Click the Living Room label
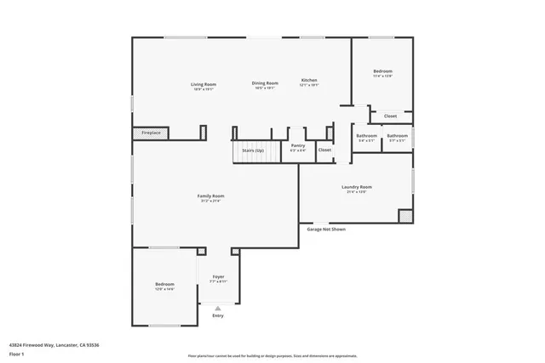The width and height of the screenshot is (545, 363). click(203, 84)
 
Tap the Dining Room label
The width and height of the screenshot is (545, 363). click(265, 83)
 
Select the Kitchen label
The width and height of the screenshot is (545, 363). click(309, 82)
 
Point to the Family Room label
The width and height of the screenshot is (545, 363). click(211, 196)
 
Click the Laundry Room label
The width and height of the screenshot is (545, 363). click(356, 187)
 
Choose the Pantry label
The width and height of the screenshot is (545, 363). click(298, 145)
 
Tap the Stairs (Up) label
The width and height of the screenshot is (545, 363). click(253, 150)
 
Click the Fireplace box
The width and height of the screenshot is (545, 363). click(152, 133)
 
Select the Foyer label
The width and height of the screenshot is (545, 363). click(218, 277)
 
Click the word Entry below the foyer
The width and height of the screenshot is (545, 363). click(218, 316)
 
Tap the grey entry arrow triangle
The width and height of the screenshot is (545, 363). click(218, 308)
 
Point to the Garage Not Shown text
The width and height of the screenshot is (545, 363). click(326, 229)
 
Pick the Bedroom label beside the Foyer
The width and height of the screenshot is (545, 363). click(164, 284)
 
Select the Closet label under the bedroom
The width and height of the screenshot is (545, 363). click(390, 116)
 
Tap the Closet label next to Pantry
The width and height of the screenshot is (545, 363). click(324, 150)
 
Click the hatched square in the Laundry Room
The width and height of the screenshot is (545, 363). click(404, 217)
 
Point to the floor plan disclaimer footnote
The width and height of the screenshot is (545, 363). click(272, 357)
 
